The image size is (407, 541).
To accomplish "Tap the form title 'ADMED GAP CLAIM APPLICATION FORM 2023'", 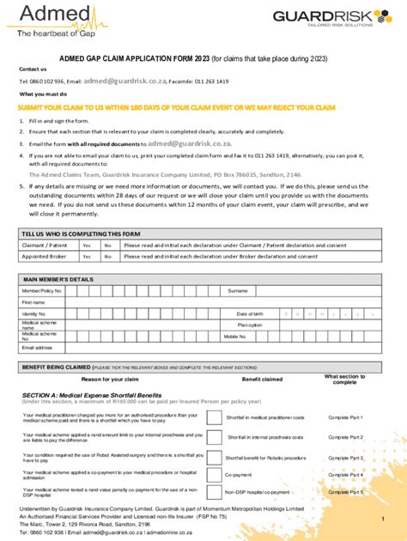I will click(143, 58).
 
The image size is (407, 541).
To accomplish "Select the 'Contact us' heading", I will click(33, 69).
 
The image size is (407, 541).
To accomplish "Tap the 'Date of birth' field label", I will click(250, 313).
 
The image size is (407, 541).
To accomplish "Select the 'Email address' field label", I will click(38, 348).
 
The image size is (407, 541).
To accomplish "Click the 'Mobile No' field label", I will click(235, 337).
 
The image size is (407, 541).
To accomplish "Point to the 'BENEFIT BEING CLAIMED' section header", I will click(57, 366).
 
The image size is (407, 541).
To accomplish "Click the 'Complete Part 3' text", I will click(346, 458).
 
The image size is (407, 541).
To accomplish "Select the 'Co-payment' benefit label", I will click(238, 474).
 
